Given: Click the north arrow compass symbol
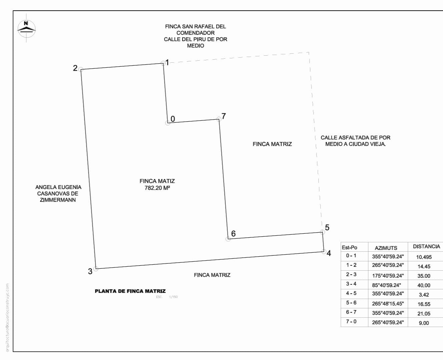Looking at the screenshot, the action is coord(26,28).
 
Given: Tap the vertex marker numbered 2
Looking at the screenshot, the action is coord(81,69).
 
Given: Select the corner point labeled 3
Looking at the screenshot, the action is coord(96,269).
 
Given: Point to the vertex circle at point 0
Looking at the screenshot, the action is coord(168,123).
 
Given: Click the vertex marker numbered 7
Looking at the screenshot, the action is coord(219,119).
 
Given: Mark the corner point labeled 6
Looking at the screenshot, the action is coord(228,239).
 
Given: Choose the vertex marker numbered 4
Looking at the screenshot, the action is coord(324,252).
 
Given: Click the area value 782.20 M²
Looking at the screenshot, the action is coord(157,188).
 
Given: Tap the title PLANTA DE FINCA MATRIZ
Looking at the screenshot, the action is coord(130,291).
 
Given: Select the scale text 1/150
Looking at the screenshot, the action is coord(173,297).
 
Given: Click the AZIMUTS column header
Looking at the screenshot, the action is coord(386,248).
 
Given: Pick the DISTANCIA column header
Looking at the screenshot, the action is coord(426,247).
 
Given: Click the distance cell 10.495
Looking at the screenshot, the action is coord(424,257).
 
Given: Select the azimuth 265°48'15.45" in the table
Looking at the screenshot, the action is coord(388,304).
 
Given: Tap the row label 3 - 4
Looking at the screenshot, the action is coord(351,284).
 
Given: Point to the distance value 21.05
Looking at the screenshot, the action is coord(424,313).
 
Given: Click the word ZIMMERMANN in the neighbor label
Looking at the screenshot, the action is coord(58,200).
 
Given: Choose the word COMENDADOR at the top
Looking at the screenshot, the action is coord(195,33).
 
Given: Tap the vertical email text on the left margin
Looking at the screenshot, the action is coord(7,318).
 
